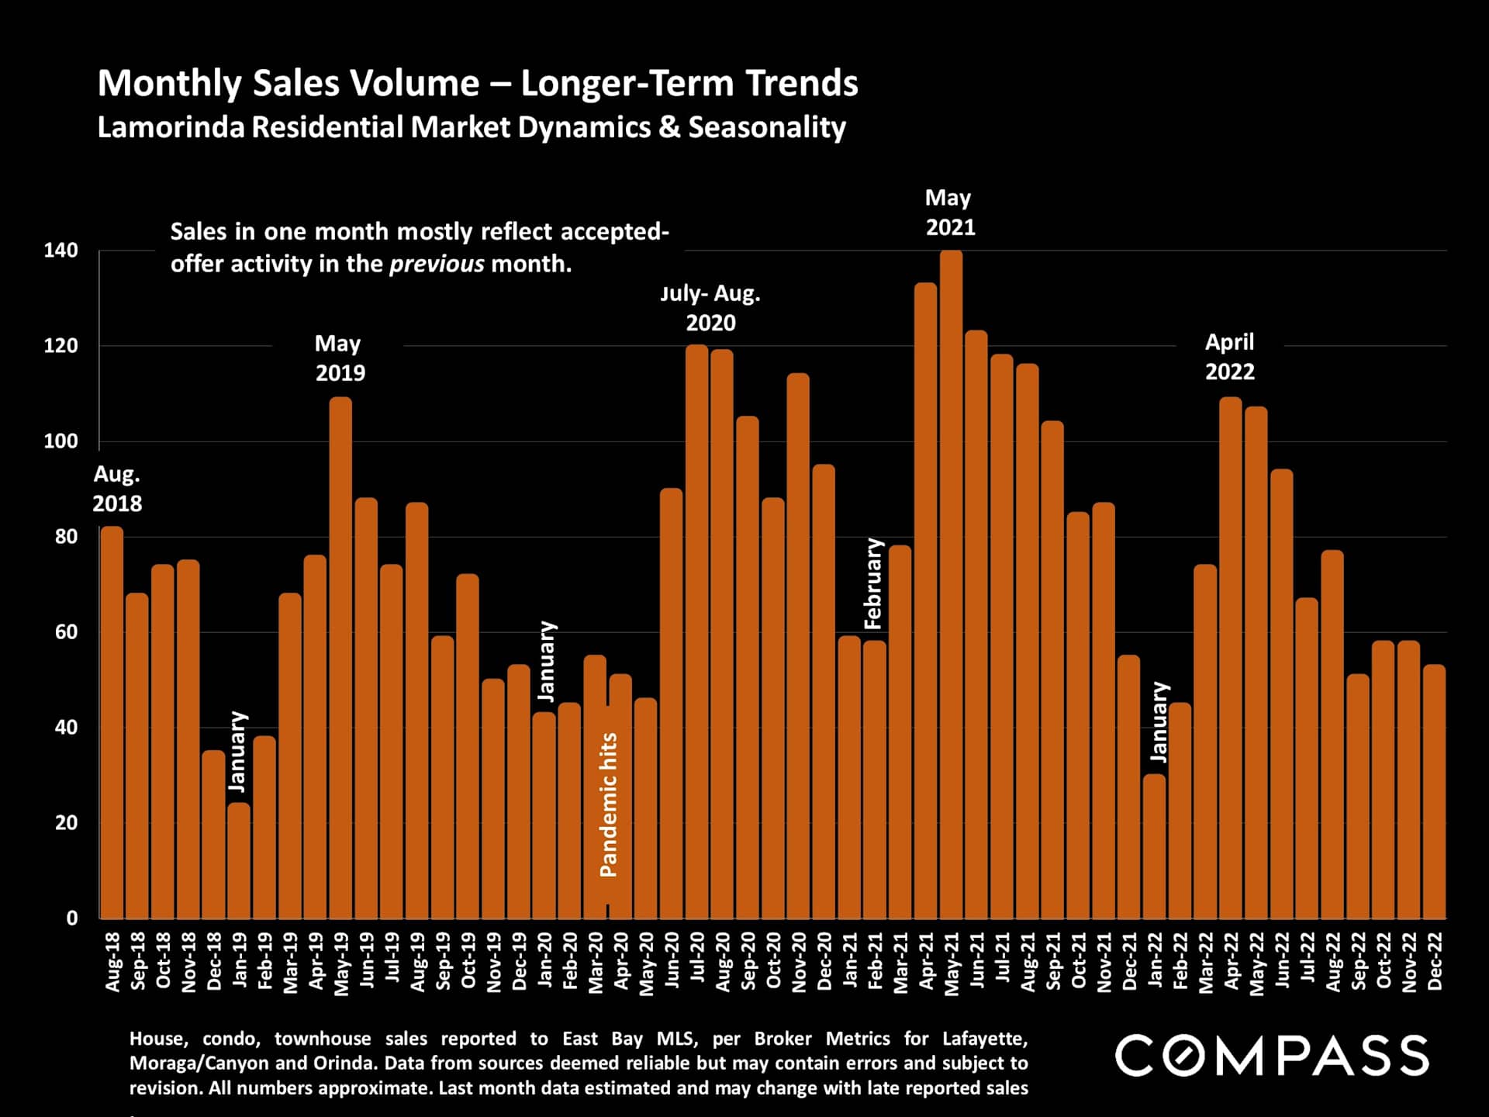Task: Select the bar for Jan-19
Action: tap(239, 861)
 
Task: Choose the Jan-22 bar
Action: tap(1155, 846)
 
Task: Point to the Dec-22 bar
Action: tap(1435, 791)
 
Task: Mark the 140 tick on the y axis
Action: tap(60, 251)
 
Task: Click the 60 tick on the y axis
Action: tap(66, 632)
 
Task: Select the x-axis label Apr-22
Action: tap(1231, 962)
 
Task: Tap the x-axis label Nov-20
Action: tap(798, 962)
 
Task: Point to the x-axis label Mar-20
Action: tap(595, 962)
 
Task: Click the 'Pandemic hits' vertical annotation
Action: tap(609, 804)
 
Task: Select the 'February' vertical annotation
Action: tap(874, 583)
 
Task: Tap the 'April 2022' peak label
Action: tap(1229, 357)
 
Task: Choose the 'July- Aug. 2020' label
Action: tap(710, 308)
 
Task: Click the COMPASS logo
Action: tap(1272, 1056)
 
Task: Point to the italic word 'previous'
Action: tap(437, 264)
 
